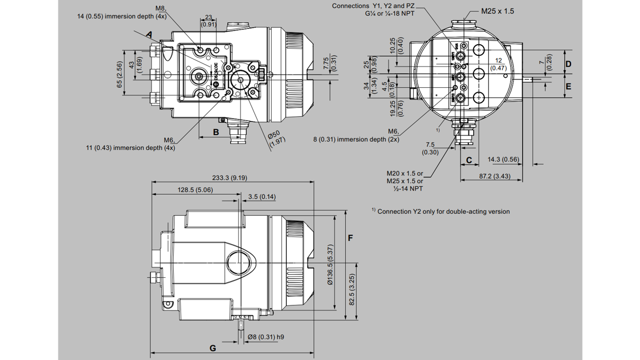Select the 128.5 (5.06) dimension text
tap(195, 189)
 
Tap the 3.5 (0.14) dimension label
tap(262, 197)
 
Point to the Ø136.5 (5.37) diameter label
tap(330, 265)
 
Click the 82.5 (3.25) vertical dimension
tap(352, 289)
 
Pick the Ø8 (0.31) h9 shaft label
tap(266, 337)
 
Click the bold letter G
tap(213, 348)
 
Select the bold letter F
tap(351, 238)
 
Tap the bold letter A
tap(149, 35)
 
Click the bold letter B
tap(216, 132)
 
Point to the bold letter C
tap(469, 160)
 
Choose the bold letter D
tap(568, 64)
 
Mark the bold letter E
tap(568, 86)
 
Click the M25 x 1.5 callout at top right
tap(497, 11)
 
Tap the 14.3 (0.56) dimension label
tap(503, 159)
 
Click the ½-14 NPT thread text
tap(408, 188)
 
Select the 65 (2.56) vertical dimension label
tap(119, 74)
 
